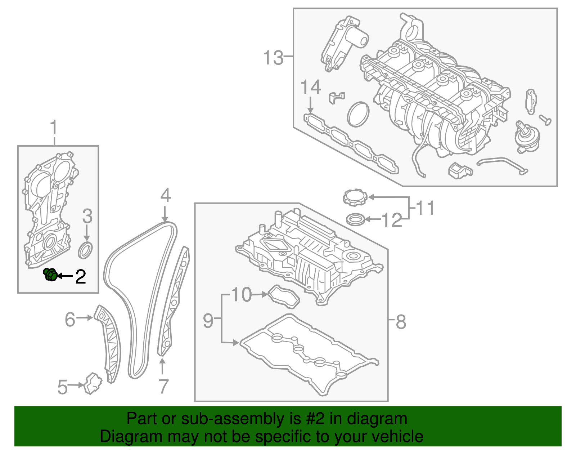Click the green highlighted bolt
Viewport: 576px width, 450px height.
coord(50,275)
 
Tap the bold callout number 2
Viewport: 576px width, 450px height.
coord(81,277)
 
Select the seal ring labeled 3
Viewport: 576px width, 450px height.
coord(86,250)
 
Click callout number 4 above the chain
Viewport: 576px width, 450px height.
coord(165,196)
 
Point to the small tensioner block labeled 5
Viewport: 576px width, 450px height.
coord(93,383)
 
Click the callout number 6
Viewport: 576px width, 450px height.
coord(70,319)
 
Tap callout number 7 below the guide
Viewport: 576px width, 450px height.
coord(163,386)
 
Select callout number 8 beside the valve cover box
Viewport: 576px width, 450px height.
coord(401,321)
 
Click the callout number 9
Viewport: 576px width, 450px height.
coord(208,320)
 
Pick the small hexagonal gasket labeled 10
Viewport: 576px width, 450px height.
coord(284,297)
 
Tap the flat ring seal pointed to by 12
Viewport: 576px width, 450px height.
coord(355,219)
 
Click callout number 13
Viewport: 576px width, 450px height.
coord(273,58)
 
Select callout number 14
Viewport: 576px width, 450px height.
coord(311,88)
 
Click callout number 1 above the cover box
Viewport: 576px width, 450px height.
coord(54,128)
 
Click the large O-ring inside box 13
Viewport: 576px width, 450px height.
coord(359,114)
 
